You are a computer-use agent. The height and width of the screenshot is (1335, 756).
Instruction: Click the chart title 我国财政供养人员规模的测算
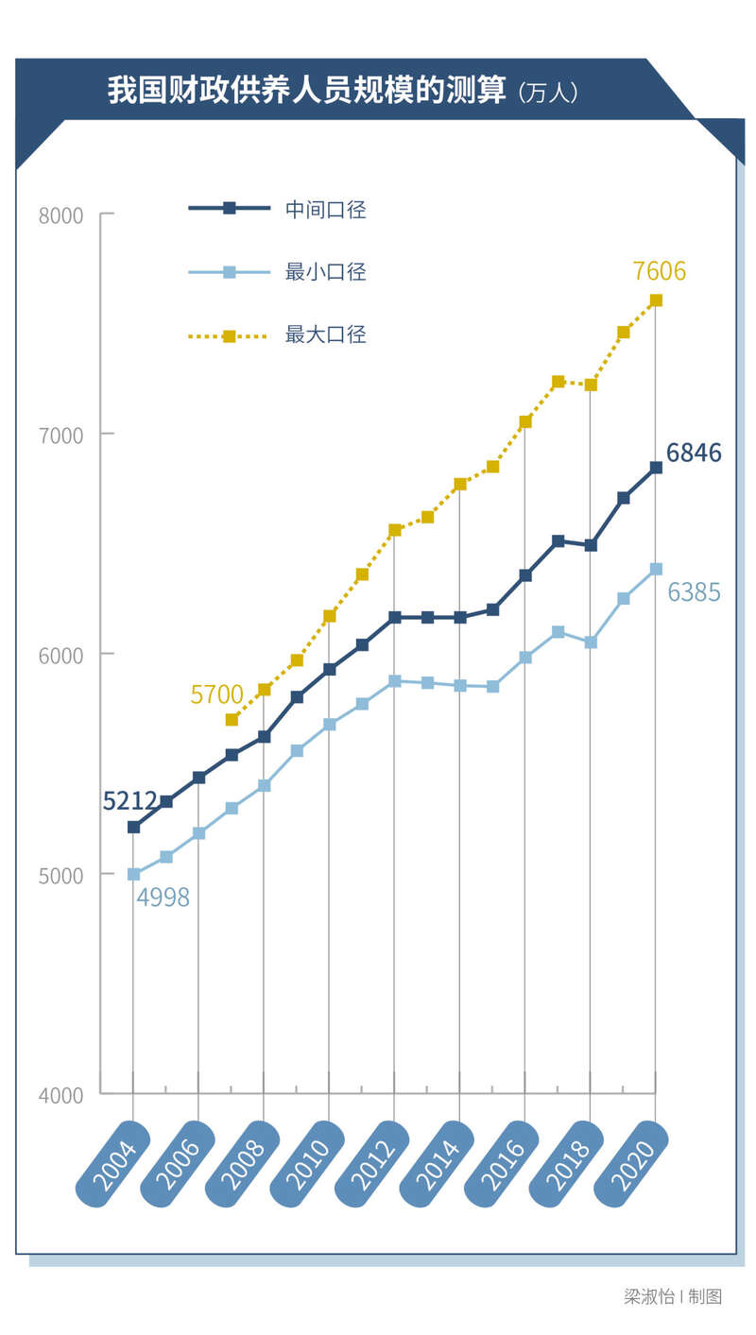306,92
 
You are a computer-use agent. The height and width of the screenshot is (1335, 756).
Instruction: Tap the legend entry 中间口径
326,210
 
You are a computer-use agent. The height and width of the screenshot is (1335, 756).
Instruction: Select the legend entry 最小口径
326,273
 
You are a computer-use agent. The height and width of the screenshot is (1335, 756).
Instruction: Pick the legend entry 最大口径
326,334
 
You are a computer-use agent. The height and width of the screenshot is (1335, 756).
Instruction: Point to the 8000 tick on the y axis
61,215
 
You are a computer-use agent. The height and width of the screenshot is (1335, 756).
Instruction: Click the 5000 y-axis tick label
61,875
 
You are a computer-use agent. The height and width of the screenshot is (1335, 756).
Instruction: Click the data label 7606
660,272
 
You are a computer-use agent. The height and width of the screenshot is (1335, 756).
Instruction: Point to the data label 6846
694,454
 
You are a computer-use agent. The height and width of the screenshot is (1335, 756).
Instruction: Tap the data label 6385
694,592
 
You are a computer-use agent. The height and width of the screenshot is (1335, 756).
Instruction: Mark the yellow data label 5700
216,695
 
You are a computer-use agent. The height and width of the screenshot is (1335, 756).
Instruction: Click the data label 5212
129,802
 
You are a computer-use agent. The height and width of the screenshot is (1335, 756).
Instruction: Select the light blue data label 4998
163,898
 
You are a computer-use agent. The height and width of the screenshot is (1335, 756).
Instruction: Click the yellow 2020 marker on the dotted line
656,300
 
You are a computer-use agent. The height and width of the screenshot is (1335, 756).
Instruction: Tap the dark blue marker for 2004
133,827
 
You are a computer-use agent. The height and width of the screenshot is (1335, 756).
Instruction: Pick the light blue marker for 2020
656,569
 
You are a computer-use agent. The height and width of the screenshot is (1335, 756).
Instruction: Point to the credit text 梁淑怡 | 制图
673,1296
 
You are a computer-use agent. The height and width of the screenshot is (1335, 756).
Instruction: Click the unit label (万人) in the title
548,94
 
